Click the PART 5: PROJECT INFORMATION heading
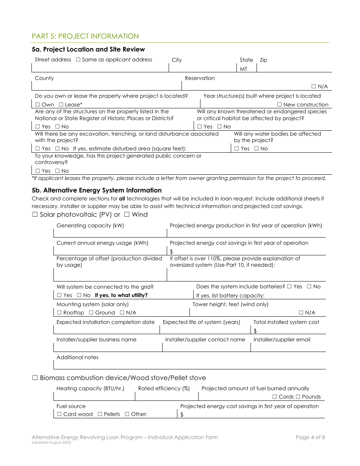[x=85, y=36]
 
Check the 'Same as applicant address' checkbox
[x=78, y=60]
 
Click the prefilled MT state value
[x=243, y=69]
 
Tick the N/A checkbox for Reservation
[x=314, y=87]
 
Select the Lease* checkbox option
[x=61, y=105]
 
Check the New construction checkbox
[x=279, y=105]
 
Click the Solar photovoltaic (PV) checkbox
[x=35, y=215]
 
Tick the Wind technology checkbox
[x=127, y=215]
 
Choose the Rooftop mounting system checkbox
[x=59, y=313]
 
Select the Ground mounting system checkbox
[x=91, y=313]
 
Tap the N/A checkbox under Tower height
[x=301, y=313]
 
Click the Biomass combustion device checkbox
[x=35, y=378]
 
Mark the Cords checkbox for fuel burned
[x=274, y=397]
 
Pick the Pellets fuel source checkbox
[x=100, y=414]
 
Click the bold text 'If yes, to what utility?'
[x=121, y=296]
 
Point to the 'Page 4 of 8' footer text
[x=310, y=438]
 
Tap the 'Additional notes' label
[x=77, y=358]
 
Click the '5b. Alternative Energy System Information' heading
[x=97, y=190]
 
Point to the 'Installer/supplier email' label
[x=282, y=340]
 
